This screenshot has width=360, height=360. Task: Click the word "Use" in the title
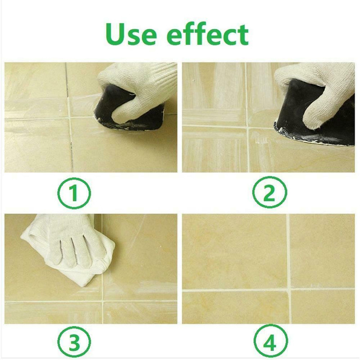tap(130, 34)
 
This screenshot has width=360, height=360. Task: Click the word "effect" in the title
tap(208, 34)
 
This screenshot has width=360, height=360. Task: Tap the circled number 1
tap(74, 193)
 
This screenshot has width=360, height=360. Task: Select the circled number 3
tap(74, 342)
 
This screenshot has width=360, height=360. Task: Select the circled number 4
tap(270, 342)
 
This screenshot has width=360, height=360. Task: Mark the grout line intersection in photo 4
tap(289, 290)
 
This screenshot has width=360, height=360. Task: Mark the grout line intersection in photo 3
tap(103, 300)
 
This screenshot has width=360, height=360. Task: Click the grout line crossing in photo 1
tap(70, 118)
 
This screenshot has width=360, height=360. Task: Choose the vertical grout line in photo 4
tap(288, 269)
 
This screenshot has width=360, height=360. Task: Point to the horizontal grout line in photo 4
tap(269, 290)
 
